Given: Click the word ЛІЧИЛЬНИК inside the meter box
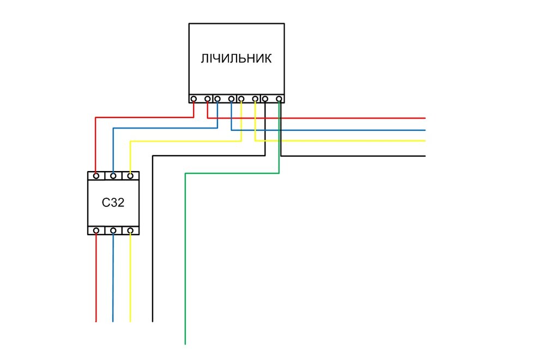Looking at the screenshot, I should pyautogui.click(x=237, y=59).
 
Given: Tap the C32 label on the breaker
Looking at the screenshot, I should pyautogui.click(x=113, y=203).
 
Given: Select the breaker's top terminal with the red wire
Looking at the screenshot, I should pyautogui.click(x=96, y=176).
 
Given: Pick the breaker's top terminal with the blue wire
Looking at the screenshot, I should pyautogui.click(x=113, y=176).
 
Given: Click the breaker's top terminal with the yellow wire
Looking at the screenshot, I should pyautogui.click(x=130, y=176).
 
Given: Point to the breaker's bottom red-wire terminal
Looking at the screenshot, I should pyautogui.click(x=96, y=231).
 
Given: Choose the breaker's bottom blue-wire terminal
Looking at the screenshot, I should pyautogui.click(x=113, y=231).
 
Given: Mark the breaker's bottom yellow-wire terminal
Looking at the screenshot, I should pyautogui.click(x=130, y=231).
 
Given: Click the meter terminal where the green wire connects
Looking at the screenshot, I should pyautogui.click(x=279, y=99).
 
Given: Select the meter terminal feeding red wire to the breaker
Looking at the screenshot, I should pyautogui.click(x=194, y=99).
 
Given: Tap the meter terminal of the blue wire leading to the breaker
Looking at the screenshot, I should pyautogui.click(x=217, y=99).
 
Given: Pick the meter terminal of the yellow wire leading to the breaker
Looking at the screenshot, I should pyautogui.click(x=241, y=99).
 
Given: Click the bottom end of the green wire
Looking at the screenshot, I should pyautogui.click(x=185, y=343).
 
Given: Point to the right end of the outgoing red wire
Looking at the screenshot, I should pyautogui.click(x=424, y=118).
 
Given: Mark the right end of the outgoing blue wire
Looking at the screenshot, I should pyautogui.click(x=424, y=130).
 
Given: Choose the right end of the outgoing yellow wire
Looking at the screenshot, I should pyautogui.click(x=424, y=141).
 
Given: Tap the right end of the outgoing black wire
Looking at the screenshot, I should pyautogui.click(x=424, y=156).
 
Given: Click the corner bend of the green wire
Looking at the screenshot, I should pyautogui.click(x=186, y=173).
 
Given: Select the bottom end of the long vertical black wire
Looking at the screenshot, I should pyautogui.click(x=153, y=321).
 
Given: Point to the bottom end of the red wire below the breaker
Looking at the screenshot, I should pyautogui.click(x=96, y=321).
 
